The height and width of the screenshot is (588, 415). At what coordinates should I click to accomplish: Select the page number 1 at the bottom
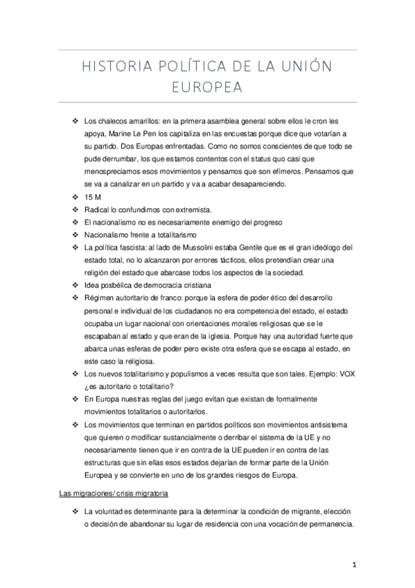tap(354, 564)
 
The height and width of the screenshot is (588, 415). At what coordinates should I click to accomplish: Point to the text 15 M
tap(92, 196)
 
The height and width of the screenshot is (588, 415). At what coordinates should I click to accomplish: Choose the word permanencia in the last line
tap(330, 524)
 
